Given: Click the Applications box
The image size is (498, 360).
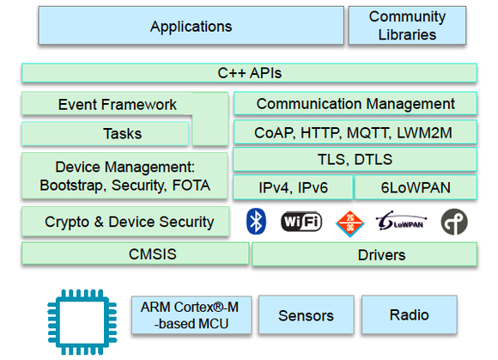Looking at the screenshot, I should (191, 26).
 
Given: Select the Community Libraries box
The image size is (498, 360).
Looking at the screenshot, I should (408, 26).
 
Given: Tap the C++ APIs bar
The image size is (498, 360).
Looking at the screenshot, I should (249, 73).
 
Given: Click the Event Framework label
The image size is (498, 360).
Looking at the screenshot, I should (118, 105).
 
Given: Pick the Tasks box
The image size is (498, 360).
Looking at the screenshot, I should (105, 133).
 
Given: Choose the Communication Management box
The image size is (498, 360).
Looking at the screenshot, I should (355, 104).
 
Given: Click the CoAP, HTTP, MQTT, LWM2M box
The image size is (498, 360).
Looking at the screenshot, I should (354, 132).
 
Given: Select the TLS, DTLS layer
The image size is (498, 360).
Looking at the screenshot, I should (354, 160).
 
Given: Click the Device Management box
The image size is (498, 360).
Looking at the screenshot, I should (125, 175).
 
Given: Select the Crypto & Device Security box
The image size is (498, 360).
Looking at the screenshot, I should (125, 222).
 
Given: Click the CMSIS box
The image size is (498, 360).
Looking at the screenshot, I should (135, 253).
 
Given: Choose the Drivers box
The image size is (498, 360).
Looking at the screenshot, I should (364, 254).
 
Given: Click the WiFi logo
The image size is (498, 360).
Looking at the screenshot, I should (301, 222).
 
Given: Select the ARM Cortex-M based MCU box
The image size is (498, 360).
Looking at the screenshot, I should (191, 315).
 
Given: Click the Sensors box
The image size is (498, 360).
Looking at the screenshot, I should (306, 315).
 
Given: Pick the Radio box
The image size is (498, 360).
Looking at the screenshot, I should (409, 314).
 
